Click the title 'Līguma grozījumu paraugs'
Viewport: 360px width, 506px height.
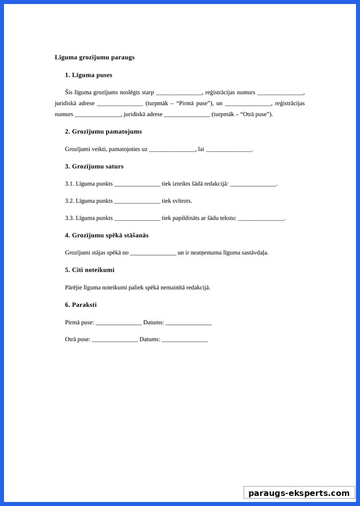click(95, 57)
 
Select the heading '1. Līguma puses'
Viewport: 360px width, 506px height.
click(88, 75)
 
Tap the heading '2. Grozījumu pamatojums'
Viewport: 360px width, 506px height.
click(103, 131)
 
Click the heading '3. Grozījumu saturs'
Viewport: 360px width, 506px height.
click(94, 166)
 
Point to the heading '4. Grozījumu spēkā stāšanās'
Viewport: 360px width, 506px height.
click(107, 235)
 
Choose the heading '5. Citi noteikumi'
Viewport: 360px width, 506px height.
click(89, 270)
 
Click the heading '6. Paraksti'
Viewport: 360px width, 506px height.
click(80, 305)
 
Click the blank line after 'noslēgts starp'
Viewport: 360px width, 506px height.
click(178, 93)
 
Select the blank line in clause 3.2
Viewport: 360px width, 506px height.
click(137, 201)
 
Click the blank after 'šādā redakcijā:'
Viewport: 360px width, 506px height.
click(253, 184)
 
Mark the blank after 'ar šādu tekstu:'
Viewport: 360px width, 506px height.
click(261, 219)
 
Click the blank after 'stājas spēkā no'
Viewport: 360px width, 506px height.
click(153, 253)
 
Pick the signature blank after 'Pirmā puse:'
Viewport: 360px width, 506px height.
click(119, 323)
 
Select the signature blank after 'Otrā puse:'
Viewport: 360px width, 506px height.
click(115, 340)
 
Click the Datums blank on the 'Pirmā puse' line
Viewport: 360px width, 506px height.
click(189, 323)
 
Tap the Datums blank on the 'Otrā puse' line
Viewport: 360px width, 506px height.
click(185, 340)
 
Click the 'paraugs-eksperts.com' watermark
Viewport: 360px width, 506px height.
click(299, 493)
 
